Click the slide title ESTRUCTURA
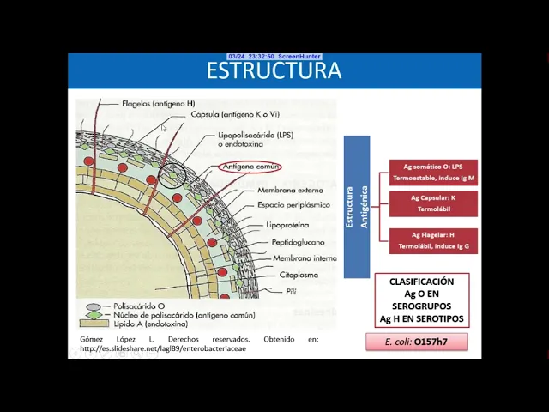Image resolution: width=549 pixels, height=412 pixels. click(274, 70)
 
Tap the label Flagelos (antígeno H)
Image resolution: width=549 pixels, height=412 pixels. click(158, 104)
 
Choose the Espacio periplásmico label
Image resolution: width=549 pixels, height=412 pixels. click(293, 206)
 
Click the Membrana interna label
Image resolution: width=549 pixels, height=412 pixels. click(304, 258)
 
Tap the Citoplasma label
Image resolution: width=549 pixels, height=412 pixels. click(299, 276)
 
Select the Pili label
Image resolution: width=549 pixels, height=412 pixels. click(292, 292)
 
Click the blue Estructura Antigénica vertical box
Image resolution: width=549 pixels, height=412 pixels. click(357, 206)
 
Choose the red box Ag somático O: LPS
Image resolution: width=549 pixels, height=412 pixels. click(432, 172)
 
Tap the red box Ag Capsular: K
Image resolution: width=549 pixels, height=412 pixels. click(432, 203)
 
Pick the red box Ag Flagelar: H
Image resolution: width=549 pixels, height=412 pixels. click(432, 240)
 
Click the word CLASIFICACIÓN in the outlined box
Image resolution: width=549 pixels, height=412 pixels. click(421, 282)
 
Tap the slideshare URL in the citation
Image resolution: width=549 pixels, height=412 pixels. click(163, 348)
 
